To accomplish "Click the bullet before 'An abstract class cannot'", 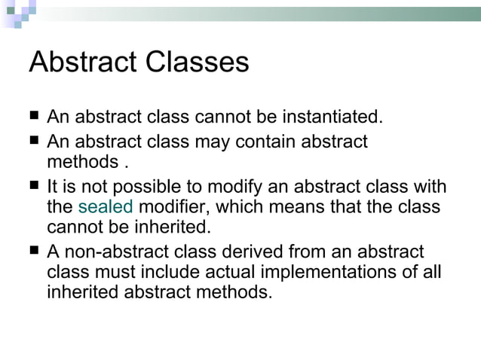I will point(34,118).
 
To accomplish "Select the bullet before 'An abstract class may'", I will point(34,141).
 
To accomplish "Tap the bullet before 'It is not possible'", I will point(34,186).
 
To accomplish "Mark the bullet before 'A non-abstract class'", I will point(34,252).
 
